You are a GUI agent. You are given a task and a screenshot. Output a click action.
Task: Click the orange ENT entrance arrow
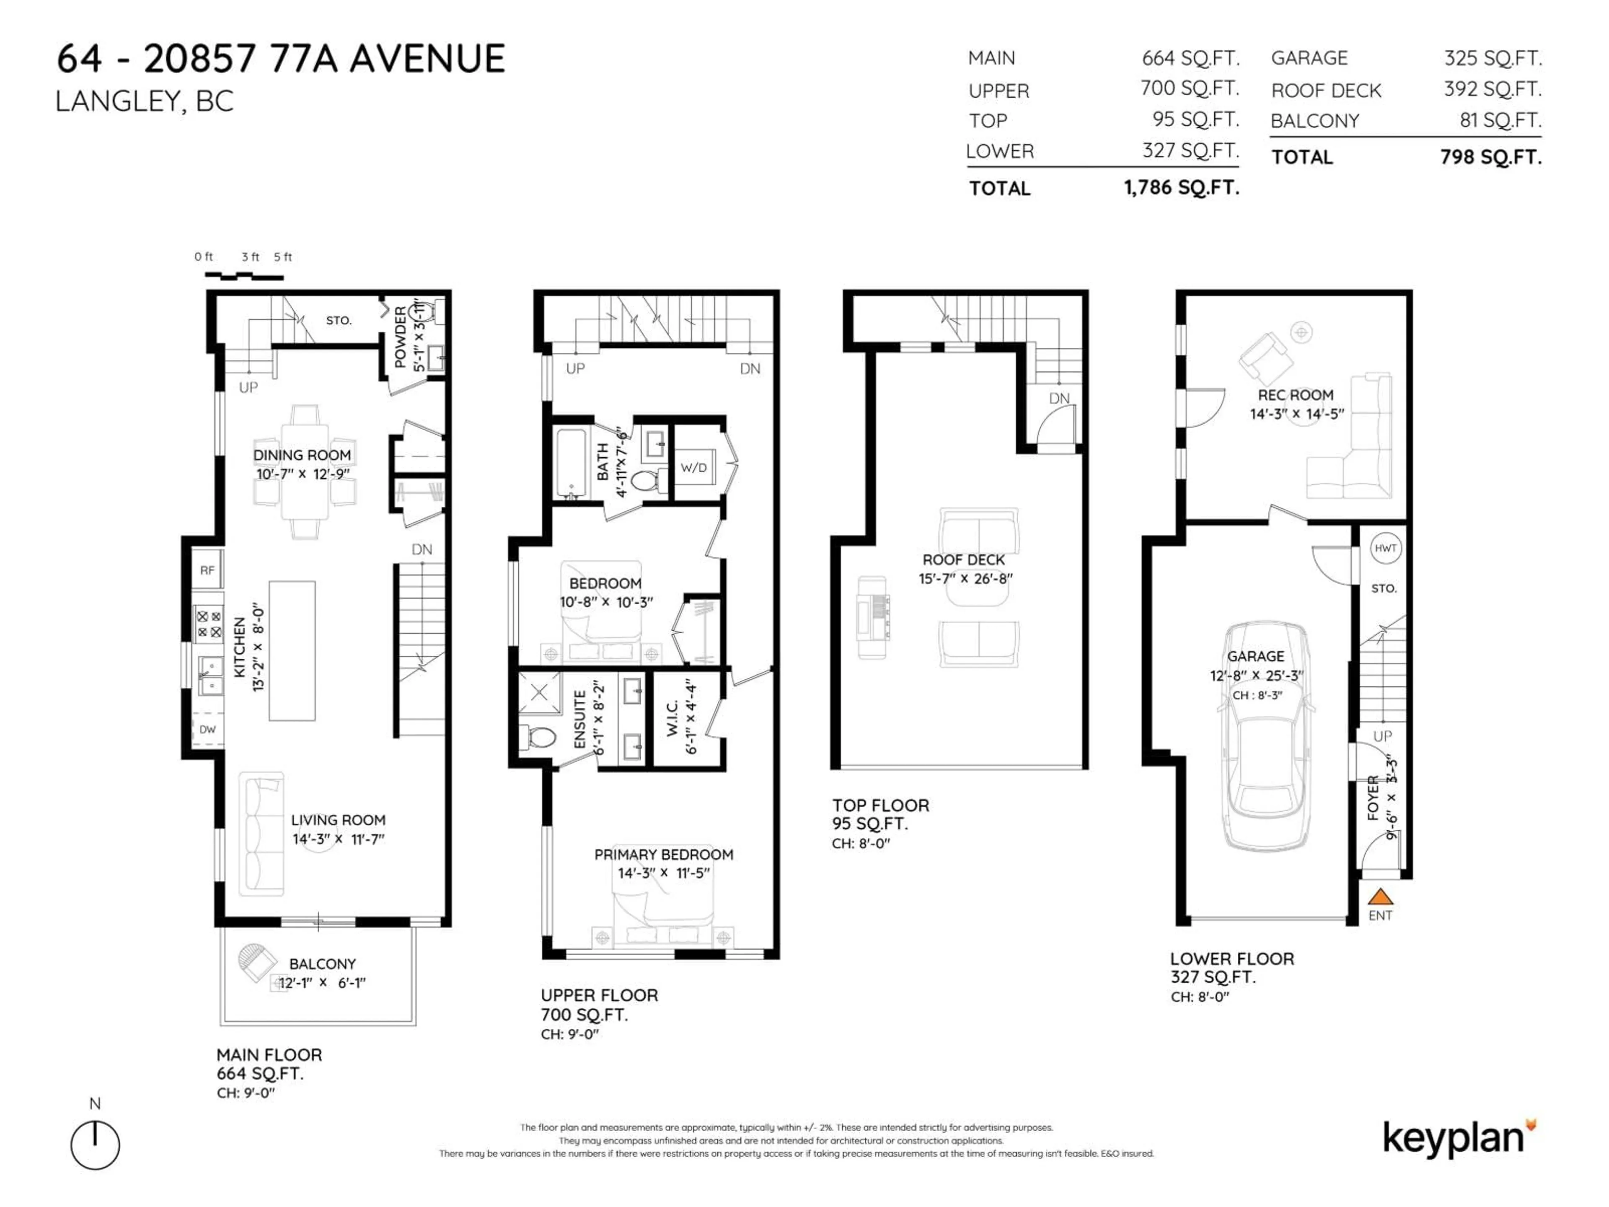[x=1380, y=896]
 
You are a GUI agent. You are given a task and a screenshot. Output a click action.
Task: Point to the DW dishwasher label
[x=207, y=729]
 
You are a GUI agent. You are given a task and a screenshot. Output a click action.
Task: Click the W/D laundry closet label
[x=693, y=467]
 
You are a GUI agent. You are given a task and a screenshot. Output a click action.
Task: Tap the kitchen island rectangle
[x=292, y=650]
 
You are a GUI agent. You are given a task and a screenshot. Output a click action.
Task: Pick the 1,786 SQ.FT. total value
[x=1181, y=188]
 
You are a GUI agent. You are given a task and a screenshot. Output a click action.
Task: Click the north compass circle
[x=95, y=1145]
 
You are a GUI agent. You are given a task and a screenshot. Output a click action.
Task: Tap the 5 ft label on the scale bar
[x=283, y=257]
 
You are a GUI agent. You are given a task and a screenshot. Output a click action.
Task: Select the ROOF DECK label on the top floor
[x=963, y=559]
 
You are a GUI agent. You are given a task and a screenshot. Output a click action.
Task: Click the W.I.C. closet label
[x=672, y=718]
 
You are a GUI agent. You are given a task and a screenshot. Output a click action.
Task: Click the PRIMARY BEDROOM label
[x=663, y=854]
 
